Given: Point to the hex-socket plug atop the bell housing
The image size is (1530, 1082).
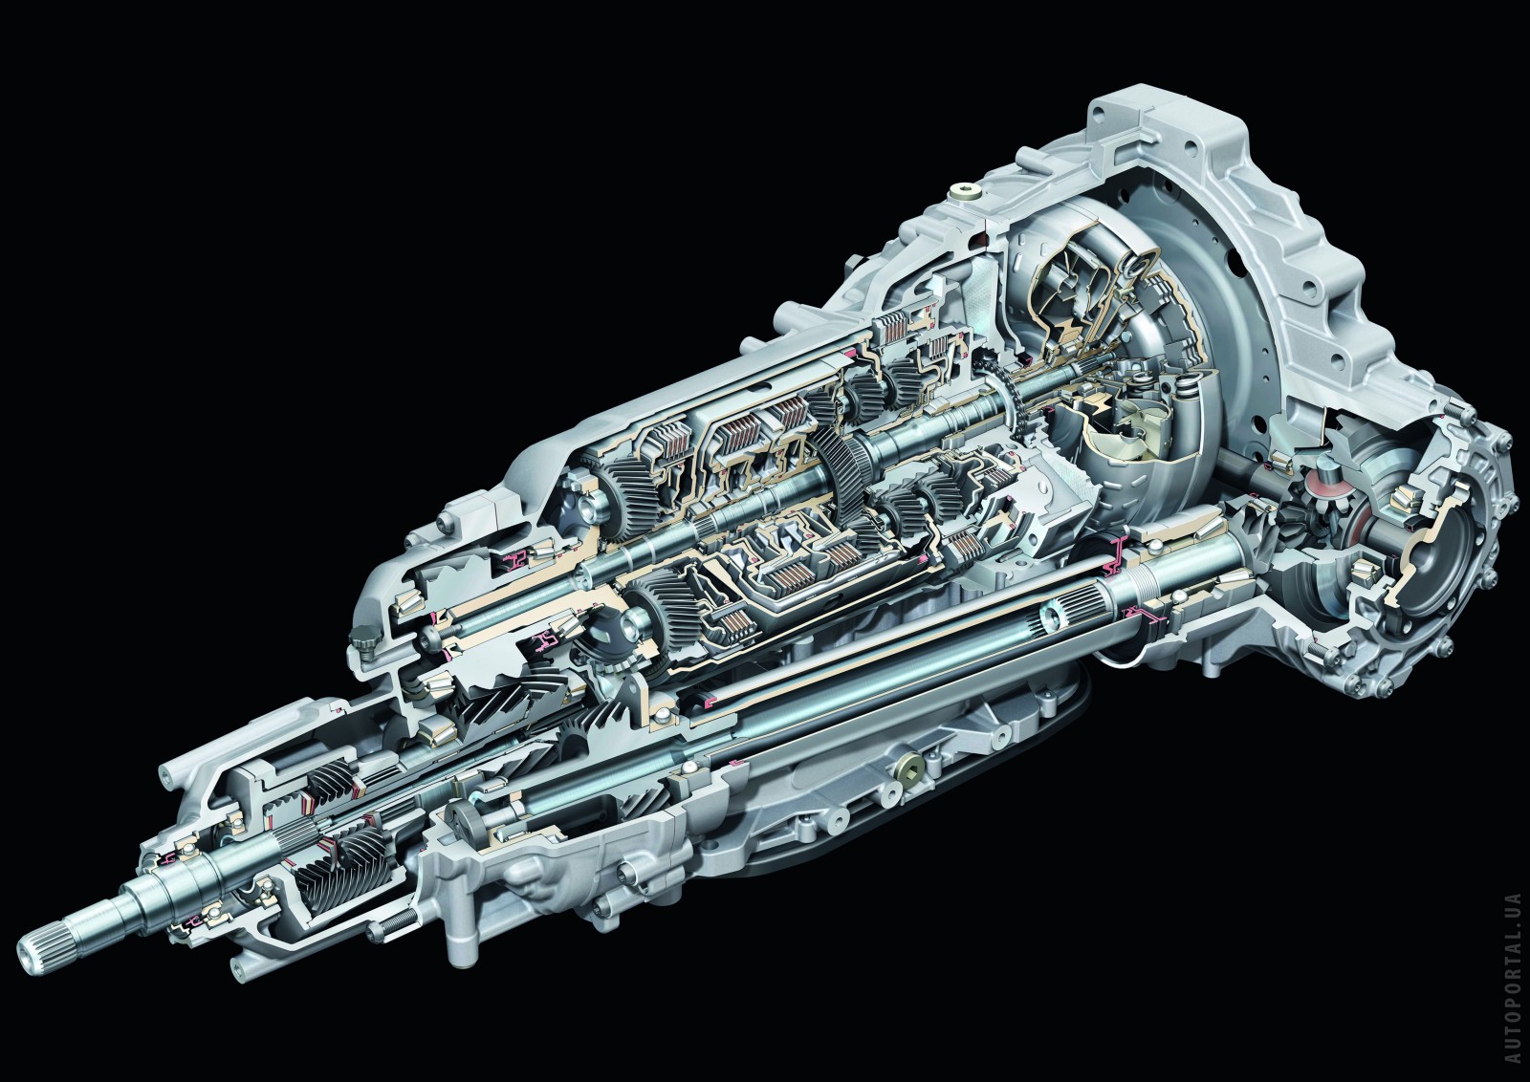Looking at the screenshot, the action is coord(965,191).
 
